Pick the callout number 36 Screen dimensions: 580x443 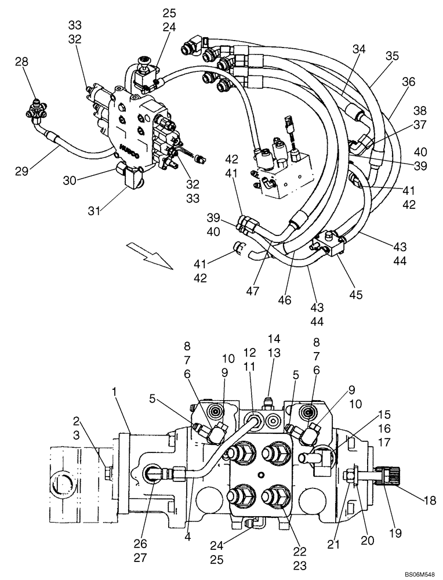408,82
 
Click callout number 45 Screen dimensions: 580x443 355,295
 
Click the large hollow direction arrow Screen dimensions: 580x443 148,257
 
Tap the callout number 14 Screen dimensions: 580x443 274,338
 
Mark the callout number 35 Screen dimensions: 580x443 393,56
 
